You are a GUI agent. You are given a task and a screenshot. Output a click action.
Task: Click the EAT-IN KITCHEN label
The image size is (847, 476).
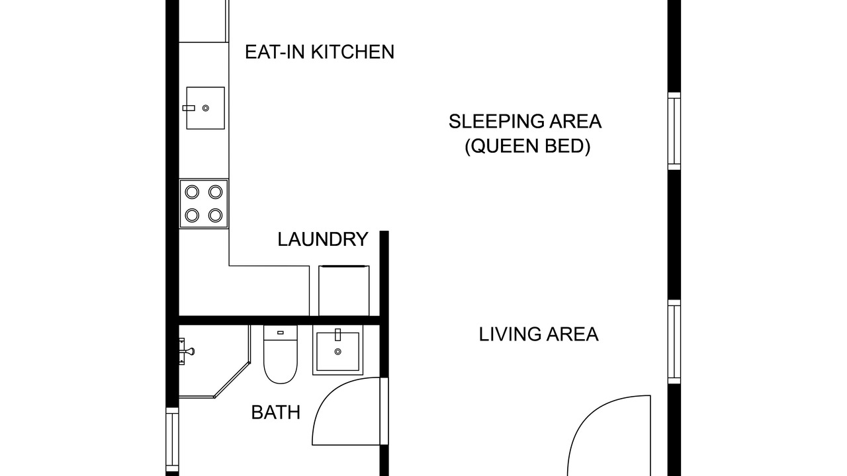(x=320, y=52)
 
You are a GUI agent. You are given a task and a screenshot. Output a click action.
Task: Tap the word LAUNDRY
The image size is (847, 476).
(x=323, y=239)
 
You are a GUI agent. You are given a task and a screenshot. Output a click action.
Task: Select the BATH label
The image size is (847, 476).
(x=276, y=413)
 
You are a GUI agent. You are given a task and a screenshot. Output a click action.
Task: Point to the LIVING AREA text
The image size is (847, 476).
(x=539, y=335)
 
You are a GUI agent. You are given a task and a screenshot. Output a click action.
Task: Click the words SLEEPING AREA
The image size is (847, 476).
(x=525, y=122)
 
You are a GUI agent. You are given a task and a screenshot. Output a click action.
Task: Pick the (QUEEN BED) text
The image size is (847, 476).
(x=527, y=146)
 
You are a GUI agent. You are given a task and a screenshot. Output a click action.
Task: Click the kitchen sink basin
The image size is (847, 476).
(x=205, y=108)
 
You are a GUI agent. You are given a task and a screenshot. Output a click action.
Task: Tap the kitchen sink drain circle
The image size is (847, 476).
(x=206, y=108)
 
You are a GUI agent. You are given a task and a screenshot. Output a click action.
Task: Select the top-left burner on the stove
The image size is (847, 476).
(x=192, y=192)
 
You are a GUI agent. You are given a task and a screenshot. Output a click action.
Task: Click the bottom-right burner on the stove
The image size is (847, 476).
(x=216, y=216)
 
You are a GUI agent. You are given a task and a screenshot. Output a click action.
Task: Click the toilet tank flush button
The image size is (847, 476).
(x=280, y=333)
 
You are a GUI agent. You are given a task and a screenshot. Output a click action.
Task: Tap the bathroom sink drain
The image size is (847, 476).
(x=338, y=352)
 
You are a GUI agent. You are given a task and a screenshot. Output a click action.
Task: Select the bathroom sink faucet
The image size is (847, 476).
(x=338, y=335)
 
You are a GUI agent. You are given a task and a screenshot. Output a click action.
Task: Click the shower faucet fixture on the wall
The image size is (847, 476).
(x=186, y=351)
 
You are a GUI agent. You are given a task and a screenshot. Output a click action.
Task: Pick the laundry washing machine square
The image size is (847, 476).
(x=343, y=290)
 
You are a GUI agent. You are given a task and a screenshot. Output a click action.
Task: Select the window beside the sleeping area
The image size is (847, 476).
(x=674, y=131)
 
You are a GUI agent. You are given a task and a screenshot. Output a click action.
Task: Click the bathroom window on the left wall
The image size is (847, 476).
(x=173, y=440)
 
